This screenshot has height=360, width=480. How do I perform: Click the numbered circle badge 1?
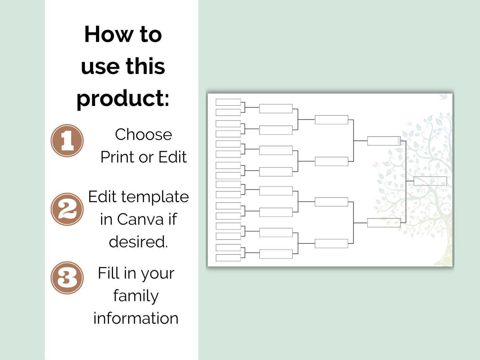coord(67,140)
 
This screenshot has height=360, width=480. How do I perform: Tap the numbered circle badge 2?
coord(67,209)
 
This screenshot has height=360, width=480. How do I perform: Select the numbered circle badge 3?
coord(67,278)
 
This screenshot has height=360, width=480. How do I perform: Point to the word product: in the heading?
coord(123,99)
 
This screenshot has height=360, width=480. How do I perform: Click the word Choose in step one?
coord(144,135)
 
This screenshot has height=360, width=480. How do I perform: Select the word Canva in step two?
coord(141,219)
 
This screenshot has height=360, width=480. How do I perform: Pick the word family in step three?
coord(136,296)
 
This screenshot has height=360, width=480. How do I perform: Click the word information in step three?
coord(136,318)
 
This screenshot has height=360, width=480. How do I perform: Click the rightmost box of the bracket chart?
coord(430,181)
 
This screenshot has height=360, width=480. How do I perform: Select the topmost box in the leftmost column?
coord(228,102)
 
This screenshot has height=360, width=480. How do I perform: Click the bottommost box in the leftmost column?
coord(228,258)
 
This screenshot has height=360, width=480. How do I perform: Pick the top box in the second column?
coord(276,109)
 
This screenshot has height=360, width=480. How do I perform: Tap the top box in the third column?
coord(331,120)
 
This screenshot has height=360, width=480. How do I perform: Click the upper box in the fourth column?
coord(384,141)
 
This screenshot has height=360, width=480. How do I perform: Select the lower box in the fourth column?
coord(384,223)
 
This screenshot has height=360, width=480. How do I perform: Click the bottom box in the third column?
coord(331,243)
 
